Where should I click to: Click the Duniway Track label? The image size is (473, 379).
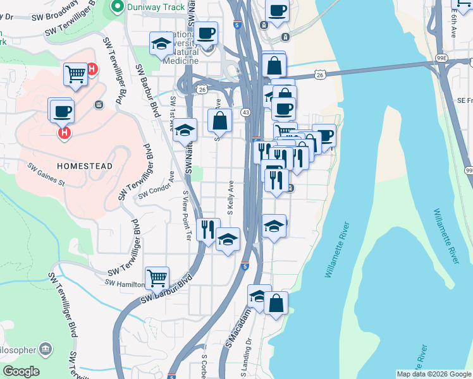point(156,8)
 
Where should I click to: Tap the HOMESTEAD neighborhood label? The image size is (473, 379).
point(85,166)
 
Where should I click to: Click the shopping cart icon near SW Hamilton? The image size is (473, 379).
point(156,277)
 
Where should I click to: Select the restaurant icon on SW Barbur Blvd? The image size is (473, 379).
point(208,228)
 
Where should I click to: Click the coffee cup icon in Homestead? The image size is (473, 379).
point(62,111)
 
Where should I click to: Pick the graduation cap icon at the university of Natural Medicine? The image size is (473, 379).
point(161,44)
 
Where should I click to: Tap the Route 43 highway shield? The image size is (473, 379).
point(245,112)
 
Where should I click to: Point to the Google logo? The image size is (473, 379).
point(21,371)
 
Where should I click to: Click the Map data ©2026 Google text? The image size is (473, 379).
point(434,374)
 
